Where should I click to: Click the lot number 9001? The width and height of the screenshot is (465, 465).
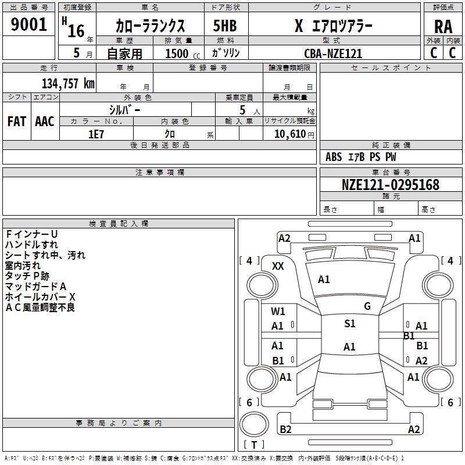[28, 24]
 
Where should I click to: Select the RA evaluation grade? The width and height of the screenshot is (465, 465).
[443, 27]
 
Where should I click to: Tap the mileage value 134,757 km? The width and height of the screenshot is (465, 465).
[68, 84]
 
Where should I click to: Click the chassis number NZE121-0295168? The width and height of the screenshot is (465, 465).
[390, 185]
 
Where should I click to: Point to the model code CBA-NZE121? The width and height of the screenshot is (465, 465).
[333, 53]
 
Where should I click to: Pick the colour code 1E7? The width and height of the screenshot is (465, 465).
[96, 134]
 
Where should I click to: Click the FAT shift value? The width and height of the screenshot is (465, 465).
[17, 121]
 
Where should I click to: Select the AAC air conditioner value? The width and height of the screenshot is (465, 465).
[45, 121]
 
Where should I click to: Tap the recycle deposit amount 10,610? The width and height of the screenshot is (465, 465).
[290, 134]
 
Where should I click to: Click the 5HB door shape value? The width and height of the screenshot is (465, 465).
[225, 26]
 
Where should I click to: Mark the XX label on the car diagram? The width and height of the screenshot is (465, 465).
[278, 266]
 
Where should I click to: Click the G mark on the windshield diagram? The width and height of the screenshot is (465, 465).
[367, 306]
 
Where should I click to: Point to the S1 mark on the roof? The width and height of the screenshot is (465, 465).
[350, 324]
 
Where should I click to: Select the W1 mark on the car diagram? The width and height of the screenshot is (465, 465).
[278, 312]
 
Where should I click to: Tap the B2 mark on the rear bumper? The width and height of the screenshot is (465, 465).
[285, 430]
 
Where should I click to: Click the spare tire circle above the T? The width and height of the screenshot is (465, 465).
[254, 424]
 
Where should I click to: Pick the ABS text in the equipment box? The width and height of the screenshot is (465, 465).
[334, 157]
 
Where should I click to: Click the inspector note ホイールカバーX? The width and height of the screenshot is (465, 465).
[40, 297]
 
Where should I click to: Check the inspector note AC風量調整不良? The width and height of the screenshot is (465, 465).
[40, 307]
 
